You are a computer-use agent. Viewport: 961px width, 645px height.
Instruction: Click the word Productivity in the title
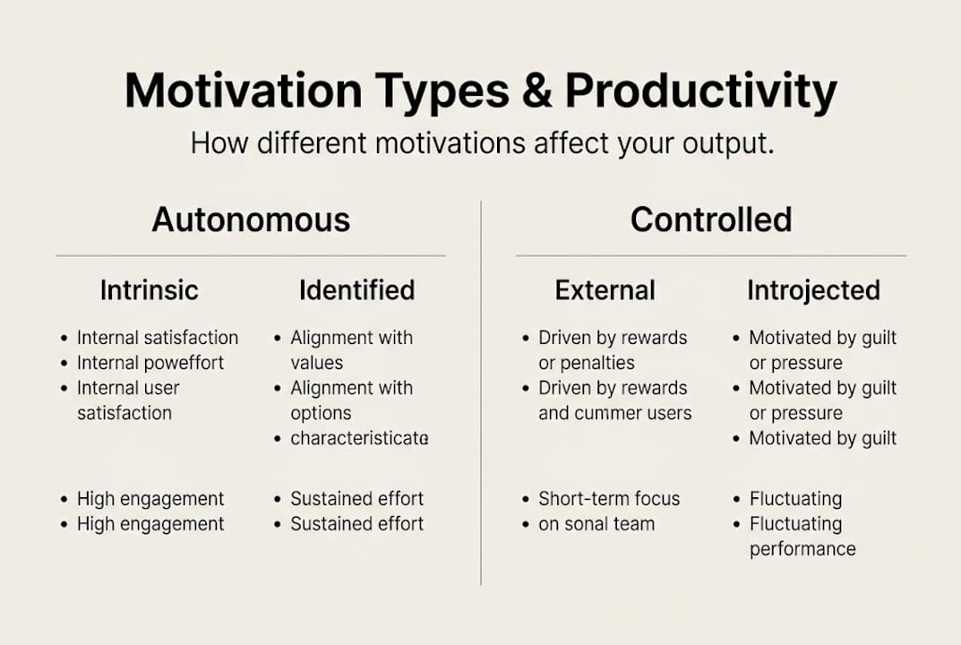[x=701, y=91]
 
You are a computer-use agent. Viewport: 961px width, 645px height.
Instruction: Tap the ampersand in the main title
[x=536, y=91]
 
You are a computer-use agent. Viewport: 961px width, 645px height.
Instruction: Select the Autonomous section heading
[x=251, y=219]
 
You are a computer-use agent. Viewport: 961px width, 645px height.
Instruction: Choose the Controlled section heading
[x=711, y=219]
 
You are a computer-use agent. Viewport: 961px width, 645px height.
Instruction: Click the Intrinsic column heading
[x=149, y=290]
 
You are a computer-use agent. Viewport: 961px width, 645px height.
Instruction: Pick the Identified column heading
[x=356, y=290]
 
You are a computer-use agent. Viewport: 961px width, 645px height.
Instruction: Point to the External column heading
[x=605, y=290]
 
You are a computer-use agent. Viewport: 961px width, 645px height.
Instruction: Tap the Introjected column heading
[x=813, y=290]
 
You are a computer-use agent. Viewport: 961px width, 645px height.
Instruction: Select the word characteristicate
[x=359, y=439]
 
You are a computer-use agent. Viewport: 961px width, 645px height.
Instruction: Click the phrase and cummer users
[x=614, y=413]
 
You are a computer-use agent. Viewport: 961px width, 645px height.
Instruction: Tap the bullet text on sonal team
[x=596, y=524]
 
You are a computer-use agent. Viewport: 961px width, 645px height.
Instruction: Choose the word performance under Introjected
[x=802, y=549]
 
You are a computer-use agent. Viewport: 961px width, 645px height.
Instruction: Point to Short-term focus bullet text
[x=609, y=499]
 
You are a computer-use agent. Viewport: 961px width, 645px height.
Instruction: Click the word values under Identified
[x=316, y=363]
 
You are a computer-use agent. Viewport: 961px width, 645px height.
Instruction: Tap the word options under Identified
[x=321, y=413]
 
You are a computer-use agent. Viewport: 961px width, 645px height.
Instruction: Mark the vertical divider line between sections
[x=481, y=394]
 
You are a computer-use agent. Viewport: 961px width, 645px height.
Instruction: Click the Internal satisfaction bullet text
[x=158, y=338]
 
